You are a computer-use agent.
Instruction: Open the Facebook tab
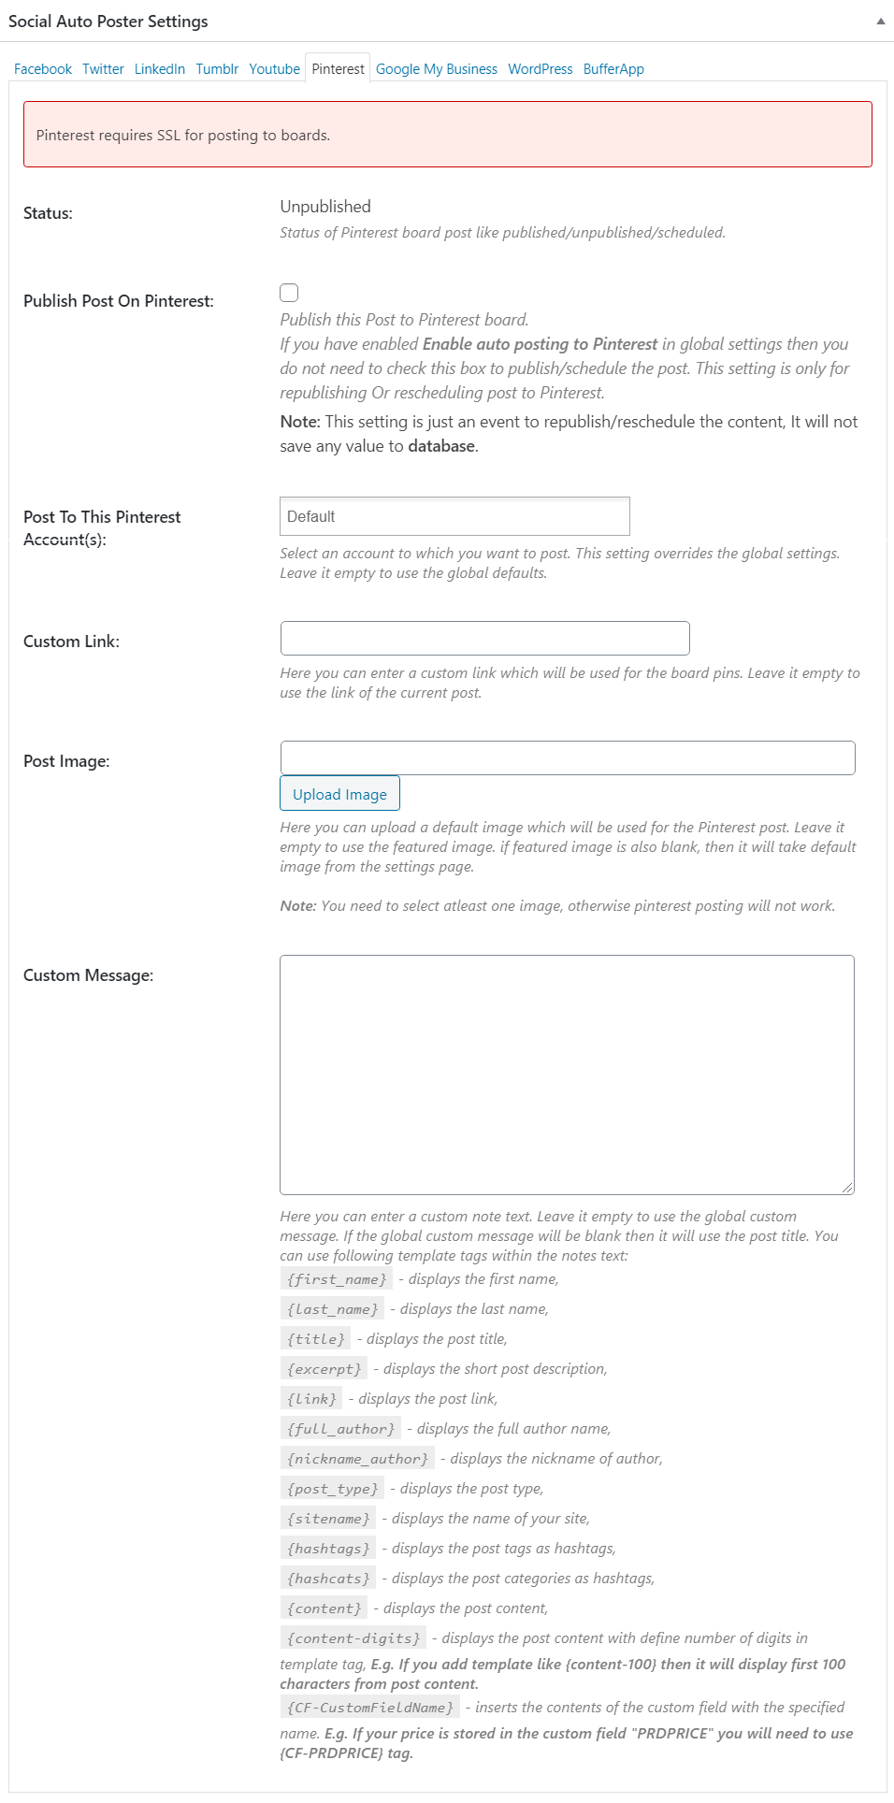pyautogui.click(x=43, y=69)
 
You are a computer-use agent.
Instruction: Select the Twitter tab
pyautogui.click(x=103, y=69)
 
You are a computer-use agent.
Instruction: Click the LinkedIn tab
pyautogui.click(x=160, y=69)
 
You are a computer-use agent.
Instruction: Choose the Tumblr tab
pyautogui.click(x=217, y=69)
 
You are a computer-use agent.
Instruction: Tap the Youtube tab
pyautogui.click(x=274, y=69)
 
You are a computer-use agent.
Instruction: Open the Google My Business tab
pyautogui.click(x=437, y=69)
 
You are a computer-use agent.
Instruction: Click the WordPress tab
pyautogui.click(x=541, y=69)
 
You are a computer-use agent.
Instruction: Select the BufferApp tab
pyautogui.click(x=613, y=69)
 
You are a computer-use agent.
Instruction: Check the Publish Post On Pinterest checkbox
pyautogui.click(x=289, y=293)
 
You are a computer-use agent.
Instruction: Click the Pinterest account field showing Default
pyautogui.click(x=454, y=516)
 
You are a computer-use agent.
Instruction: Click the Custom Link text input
pyautogui.click(x=484, y=638)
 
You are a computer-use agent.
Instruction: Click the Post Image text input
pyautogui.click(x=567, y=757)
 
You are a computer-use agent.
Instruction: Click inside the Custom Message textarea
pyautogui.click(x=567, y=1074)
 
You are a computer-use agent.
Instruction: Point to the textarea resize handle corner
pyautogui.click(x=847, y=1188)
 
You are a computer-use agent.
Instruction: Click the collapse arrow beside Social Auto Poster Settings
pyautogui.click(x=880, y=22)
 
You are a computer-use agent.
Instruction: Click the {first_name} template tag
pyautogui.click(x=337, y=1279)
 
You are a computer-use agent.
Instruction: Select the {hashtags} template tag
pyautogui.click(x=328, y=1549)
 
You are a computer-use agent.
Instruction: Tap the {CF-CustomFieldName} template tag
pyautogui.click(x=370, y=1708)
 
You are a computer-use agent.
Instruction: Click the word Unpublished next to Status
pyautogui.click(x=325, y=207)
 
